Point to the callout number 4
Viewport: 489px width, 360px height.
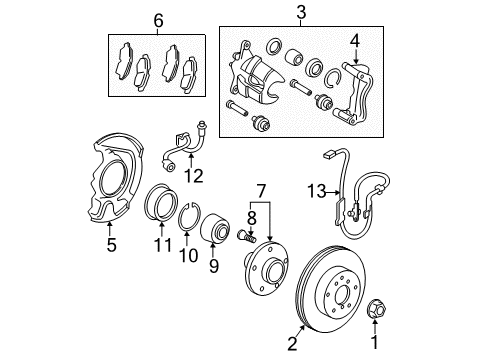click(352, 42)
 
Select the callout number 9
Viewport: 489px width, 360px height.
click(212, 265)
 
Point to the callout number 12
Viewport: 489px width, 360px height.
click(192, 177)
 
